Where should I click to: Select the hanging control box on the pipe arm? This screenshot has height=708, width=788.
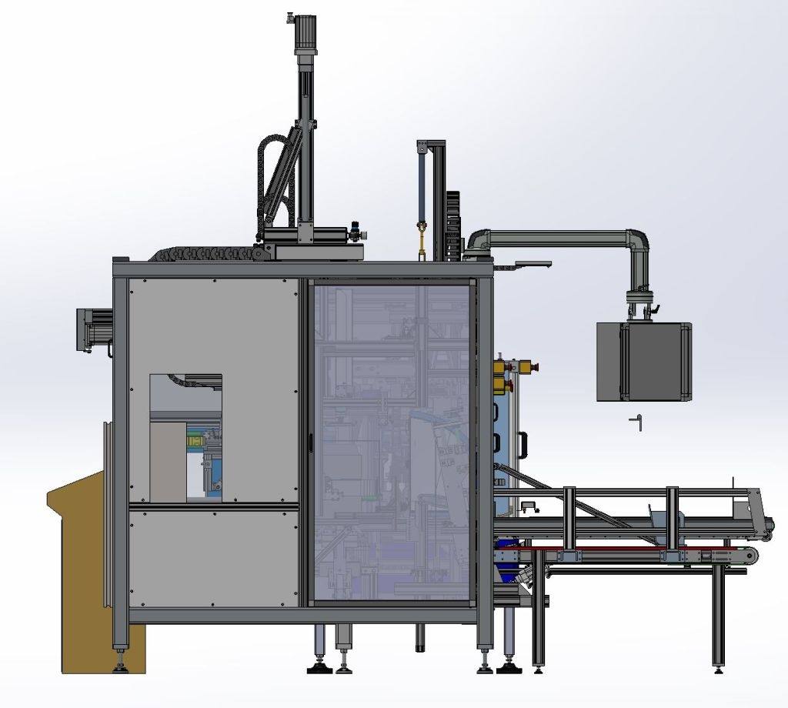pos(643,361)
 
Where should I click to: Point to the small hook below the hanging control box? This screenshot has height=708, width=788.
pos(636,422)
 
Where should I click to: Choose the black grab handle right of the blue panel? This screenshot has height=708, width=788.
pos(524,445)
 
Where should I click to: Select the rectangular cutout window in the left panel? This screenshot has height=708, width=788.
pos(185,438)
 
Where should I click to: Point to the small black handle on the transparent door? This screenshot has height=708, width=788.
pos(310,442)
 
